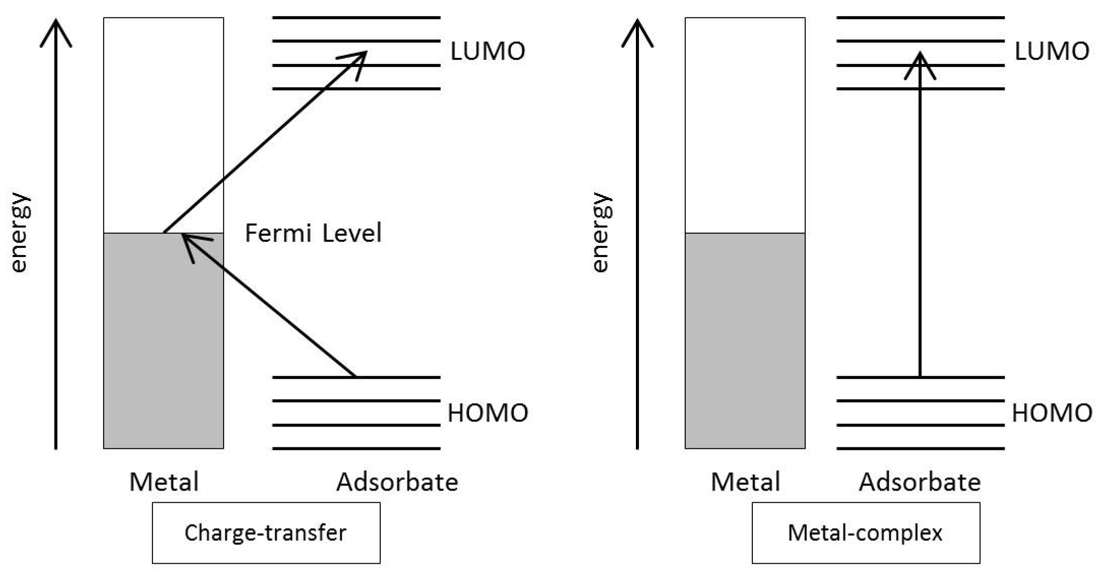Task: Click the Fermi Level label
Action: point(313,233)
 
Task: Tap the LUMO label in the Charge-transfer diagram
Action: point(487,51)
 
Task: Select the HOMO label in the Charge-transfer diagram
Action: point(487,412)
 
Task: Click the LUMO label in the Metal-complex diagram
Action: point(1052,51)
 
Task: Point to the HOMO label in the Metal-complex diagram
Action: point(1052,412)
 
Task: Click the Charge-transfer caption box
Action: point(266,533)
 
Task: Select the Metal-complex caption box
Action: point(866,533)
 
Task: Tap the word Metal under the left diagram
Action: point(164,481)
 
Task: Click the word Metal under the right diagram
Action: point(745,481)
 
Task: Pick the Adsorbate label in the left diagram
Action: point(397,481)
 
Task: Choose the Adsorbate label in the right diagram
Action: point(920,481)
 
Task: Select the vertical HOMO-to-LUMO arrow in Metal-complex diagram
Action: point(920,229)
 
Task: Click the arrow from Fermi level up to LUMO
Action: point(264,142)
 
